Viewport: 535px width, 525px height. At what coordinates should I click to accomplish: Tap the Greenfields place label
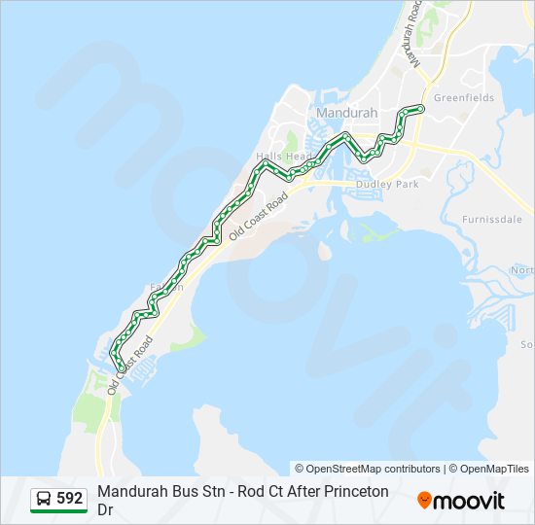click(464, 98)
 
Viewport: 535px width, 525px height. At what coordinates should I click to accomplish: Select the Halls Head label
click(284, 157)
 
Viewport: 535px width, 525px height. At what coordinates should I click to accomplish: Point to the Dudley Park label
click(386, 184)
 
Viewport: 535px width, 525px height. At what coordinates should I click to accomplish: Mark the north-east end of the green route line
click(420, 107)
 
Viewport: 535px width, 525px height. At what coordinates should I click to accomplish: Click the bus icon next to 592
click(45, 499)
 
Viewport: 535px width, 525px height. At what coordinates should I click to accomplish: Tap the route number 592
click(70, 499)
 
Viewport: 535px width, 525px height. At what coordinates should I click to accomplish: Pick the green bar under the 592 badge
click(58, 512)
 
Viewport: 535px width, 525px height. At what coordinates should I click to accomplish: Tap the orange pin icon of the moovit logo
click(425, 500)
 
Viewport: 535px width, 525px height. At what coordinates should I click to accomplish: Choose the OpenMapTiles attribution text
click(494, 469)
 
